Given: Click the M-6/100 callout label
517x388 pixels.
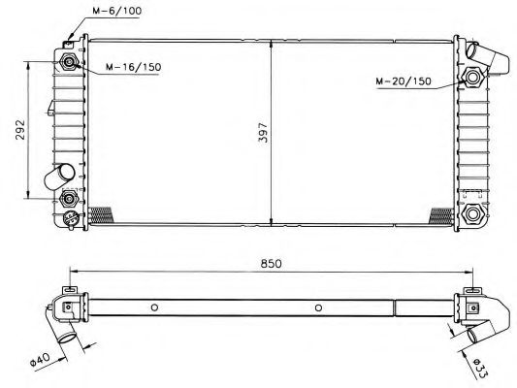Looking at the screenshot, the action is tap(116, 11).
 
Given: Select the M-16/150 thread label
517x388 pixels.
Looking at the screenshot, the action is tap(133, 67).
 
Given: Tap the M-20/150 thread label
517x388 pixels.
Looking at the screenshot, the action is tap(404, 81).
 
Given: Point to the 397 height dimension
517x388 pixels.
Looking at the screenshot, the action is tap(264, 133).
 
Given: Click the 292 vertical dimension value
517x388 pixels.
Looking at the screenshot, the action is tap(20, 129).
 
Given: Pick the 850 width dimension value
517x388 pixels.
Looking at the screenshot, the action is tap(272, 264).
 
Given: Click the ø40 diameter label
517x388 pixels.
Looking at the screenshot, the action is tap(40, 359).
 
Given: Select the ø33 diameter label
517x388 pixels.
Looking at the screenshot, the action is tap(480, 369).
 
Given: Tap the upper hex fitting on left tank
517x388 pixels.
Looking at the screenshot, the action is tap(69, 62).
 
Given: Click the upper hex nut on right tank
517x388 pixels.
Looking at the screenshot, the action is tap(472, 78).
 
